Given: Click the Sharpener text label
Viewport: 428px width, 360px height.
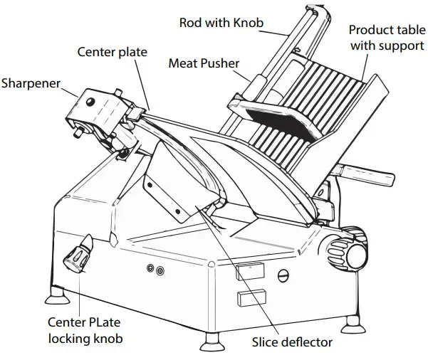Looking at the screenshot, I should pyautogui.click(x=34, y=83).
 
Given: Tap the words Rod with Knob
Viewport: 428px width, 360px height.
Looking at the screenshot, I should pyautogui.click(x=221, y=23).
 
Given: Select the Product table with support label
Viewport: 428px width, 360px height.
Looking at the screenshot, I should pyautogui.click(x=386, y=38).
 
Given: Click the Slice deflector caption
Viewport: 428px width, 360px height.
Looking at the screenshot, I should pyautogui.click(x=292, y=342).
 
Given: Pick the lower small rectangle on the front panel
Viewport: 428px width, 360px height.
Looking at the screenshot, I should pyautogui.click(x=254, y=296).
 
